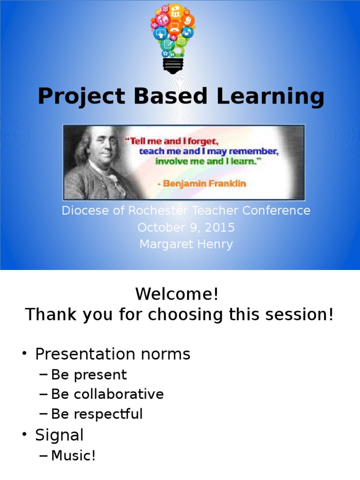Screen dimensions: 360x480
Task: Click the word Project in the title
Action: [x=82, y=97]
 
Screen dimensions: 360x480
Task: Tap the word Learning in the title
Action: [x=270, y=97]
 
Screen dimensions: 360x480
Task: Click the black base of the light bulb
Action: [x=173, y=66]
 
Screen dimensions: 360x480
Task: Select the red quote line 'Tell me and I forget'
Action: [x=172, y=141]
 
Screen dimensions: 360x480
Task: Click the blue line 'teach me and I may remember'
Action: [x=209, y=151]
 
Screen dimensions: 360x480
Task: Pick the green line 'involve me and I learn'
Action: [x=208, y=161]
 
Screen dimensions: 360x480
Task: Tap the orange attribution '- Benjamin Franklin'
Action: [x=202, y=184]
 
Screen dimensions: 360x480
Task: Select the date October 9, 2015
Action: [x=186, y=227]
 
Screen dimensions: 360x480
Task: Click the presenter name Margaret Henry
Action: [x=186, y=245]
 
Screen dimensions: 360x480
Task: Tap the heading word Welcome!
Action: [x=177, y=294]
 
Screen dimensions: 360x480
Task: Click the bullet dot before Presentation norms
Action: [x=24, y=353]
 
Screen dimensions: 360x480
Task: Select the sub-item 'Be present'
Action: [x=89, y=375]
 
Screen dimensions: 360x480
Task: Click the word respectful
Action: [x=108, y=414]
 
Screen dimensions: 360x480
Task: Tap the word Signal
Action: [x=59, y=435]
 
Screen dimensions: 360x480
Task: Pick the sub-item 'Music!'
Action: [x=73, y=455]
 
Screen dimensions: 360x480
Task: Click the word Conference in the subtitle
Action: [x=276, y=210]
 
